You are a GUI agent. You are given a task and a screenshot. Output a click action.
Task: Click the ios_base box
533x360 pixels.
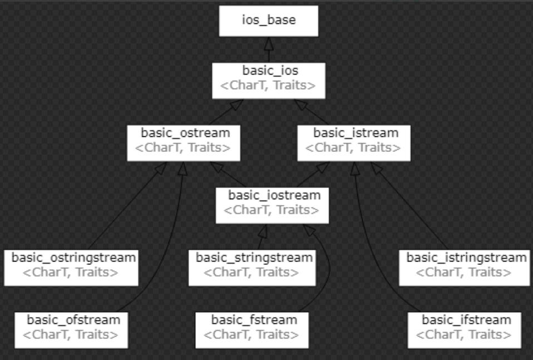pyautogui.click(x=269, y=21)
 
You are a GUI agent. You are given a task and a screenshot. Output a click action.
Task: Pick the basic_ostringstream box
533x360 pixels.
pyautogui.click(x=72, y=267)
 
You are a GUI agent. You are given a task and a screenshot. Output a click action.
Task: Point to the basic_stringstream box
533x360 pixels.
pyautogui.click(x=254, y=266)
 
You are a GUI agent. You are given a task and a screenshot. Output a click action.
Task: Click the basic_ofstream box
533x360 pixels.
pyautogui.click(x=73, y=328)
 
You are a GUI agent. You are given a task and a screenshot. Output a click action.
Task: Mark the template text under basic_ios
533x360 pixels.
pyautogui.click(x=268, y=86)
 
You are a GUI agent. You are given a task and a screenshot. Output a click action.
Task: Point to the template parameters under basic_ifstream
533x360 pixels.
pyautogui.click(x=464, y=335)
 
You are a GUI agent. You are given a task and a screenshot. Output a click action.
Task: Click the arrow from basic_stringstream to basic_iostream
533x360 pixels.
pyautogui.click(x=260, y=238)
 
